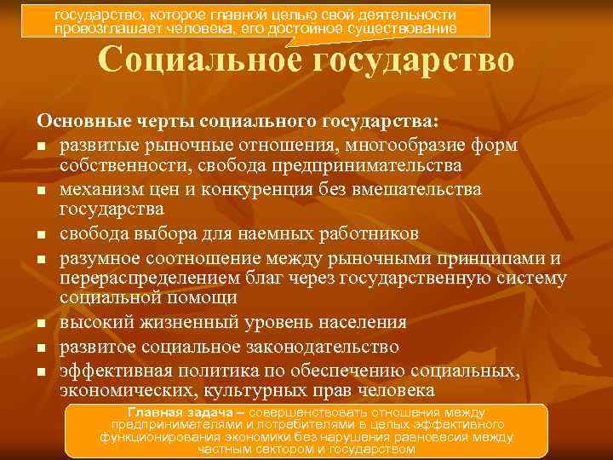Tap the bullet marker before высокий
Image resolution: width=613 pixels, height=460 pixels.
click(x=41, y=325)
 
